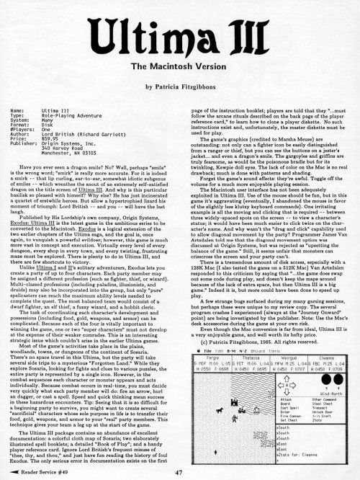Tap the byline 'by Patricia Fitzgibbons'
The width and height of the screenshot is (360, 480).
pos(180,86)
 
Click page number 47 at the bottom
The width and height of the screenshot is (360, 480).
pos(179,471)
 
